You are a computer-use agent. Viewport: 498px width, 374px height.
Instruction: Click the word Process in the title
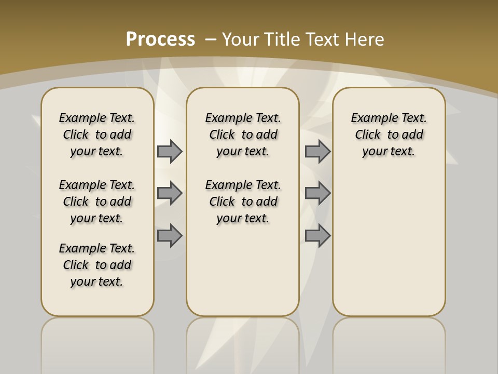[x=160, y=39]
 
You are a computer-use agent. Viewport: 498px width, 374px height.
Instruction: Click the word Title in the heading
[x=283, y=39]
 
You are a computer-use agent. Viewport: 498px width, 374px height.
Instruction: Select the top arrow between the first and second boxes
[x=170, y=151]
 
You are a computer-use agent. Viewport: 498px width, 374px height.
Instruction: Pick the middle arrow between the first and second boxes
[x=170, y=193]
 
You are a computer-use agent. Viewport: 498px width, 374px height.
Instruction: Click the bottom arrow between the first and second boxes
[x=170, y=235]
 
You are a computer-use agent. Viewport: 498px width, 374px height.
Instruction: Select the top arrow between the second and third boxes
[x=317, y=151]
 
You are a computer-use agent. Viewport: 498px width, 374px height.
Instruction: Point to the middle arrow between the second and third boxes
[x=317, y=193]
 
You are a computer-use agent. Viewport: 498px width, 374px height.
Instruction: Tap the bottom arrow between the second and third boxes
[x=317, y=235]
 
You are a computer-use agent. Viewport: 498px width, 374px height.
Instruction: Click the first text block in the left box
[x=97, y=135]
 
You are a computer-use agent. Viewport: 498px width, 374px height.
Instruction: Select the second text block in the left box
[x=97, y=202]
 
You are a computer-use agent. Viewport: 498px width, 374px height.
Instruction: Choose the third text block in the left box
[x=97, y=265]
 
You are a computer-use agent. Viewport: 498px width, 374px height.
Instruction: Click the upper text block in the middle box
[x=243, y=135]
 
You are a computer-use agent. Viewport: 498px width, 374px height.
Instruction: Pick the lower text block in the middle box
[x=243, y=202]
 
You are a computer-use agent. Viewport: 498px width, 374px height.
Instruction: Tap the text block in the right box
[x=389, y=135]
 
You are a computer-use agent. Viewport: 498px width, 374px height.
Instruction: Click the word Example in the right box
[x=370, y=118]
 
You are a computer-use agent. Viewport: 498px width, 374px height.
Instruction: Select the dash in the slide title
[x=211, y=39]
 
